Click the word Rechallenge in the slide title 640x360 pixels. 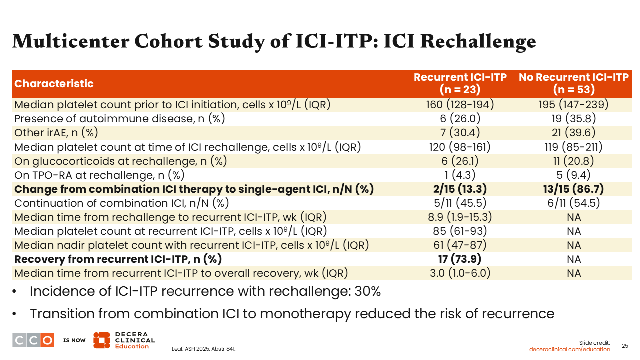point(478,41)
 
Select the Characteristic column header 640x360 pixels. point(54,83)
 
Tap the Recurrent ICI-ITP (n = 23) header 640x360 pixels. point(460,83)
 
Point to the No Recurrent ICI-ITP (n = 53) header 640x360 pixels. point(573,83)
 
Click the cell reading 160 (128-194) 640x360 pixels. point(460,105)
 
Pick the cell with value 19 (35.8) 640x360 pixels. point(573,119)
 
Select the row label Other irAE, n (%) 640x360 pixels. point(56,133)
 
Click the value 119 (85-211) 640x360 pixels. point(573,147)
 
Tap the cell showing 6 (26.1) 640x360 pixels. point(460,161)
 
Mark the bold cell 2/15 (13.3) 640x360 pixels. point(460,189)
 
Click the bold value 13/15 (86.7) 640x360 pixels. point(573,189)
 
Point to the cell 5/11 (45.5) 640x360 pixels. point(460,203)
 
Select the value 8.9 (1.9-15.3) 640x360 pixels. point(460,217)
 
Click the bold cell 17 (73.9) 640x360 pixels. point(460,259)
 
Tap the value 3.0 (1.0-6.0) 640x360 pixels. point(460,273)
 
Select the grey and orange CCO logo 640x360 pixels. point(33,340)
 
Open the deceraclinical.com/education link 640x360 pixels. point(569,349)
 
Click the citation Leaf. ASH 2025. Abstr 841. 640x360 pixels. point(203,349)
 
